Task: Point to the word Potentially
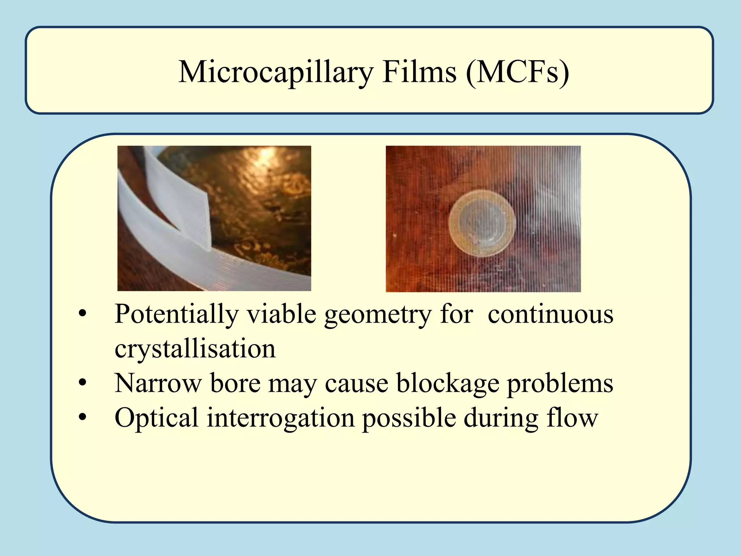[x=176, y=314]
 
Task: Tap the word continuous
[x=550, y=314]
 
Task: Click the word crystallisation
[x=195, y=349]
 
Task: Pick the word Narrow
[x=158, y=383]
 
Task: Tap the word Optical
[x=156, y=418]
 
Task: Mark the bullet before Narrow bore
[x=83, y=383]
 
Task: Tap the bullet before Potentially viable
[x=83, y=314]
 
